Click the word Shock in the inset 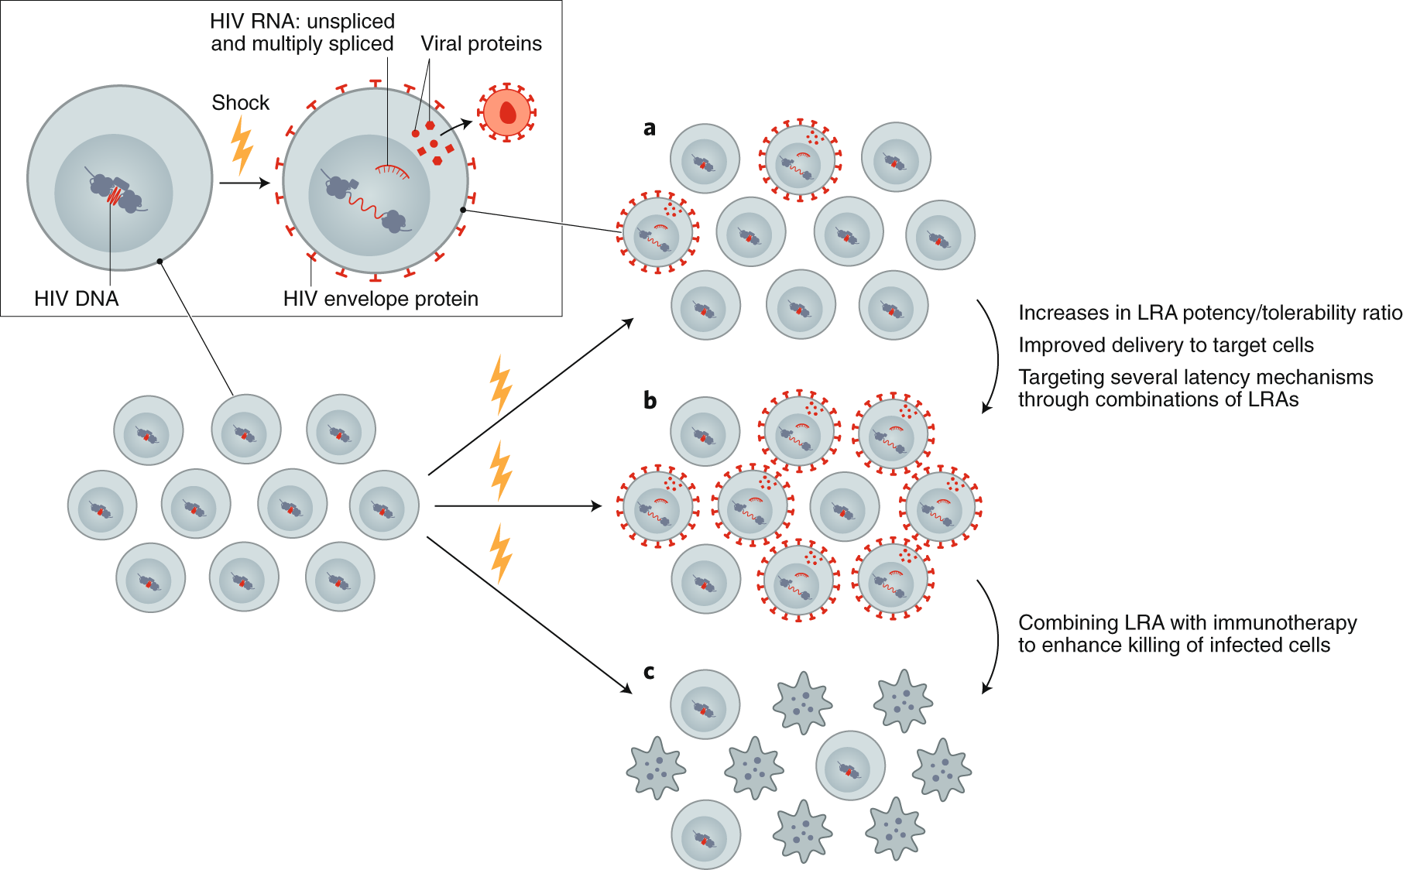241,103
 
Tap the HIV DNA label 76,299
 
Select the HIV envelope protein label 381,299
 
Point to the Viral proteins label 482,43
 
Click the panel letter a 650,128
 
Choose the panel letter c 649,672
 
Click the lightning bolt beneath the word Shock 242,146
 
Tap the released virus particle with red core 507,112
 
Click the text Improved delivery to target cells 1166,345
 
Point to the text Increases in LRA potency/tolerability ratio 1210,313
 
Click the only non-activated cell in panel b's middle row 845,507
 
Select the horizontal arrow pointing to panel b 518,506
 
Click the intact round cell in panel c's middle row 850,766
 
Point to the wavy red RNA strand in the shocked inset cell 365,207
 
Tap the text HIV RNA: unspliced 303,21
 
